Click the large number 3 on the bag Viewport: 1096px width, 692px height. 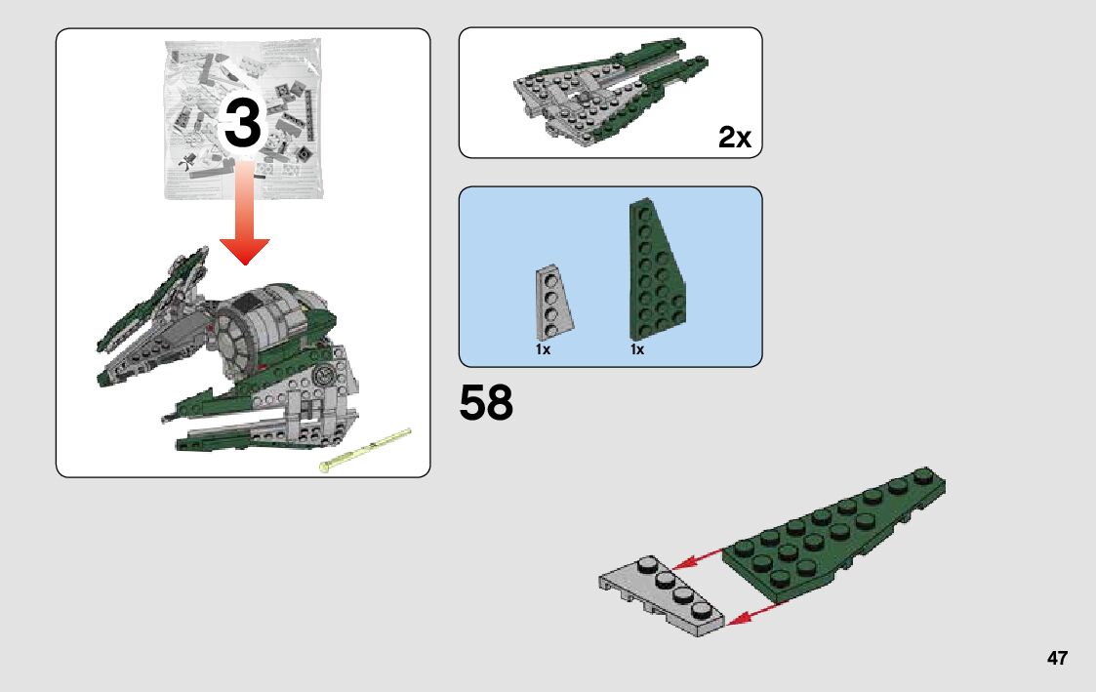point(243,123)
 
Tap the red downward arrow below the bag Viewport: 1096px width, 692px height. point(245,213)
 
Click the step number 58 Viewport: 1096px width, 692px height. point(486,403)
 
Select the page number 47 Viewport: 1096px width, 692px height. point(1057,658)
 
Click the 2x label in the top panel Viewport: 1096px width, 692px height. point(735,137)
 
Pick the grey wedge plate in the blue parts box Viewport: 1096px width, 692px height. point(554,303)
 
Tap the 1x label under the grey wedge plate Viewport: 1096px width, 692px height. point(543,348)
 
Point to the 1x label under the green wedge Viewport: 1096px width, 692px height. point(637,348)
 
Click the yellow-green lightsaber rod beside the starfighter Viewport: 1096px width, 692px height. point(365,449)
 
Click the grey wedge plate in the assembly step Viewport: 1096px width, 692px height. point(662,595)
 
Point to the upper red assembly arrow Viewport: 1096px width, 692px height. point(698,558)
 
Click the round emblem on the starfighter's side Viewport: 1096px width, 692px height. point(324,376)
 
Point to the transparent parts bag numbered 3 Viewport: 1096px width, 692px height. point(243,119)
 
